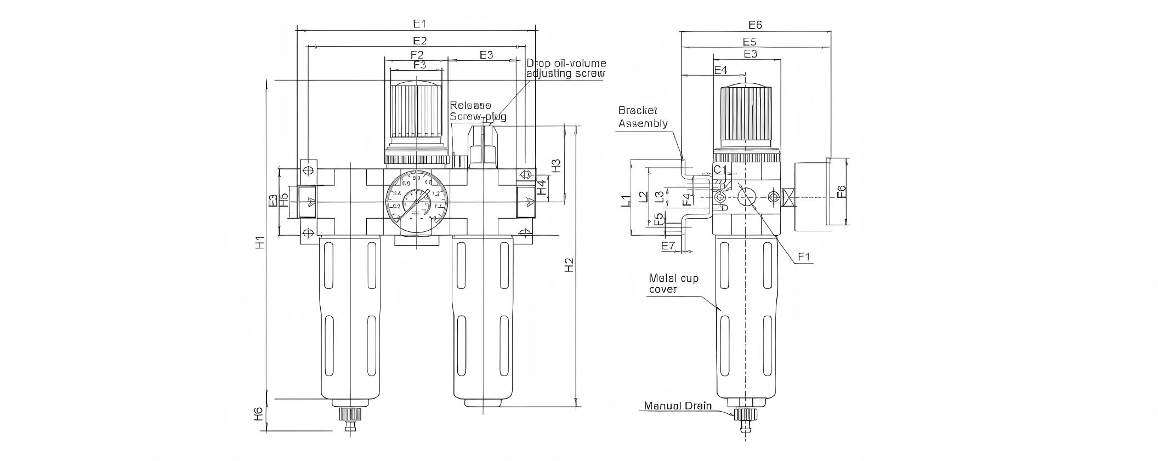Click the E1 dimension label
(419, 24)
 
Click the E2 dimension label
(419, 41)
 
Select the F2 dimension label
(417, 55)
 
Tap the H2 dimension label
(570, 265)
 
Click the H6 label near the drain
(259, 414)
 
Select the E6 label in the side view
(755, 25)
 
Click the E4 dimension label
(721, 70)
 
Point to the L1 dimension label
(625, 201)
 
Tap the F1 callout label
(804, 257)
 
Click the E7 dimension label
(667, 246)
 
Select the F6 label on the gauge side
(841, 192)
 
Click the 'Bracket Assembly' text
(643, 117)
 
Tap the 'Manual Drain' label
(678, 406)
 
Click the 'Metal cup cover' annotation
(673, 283)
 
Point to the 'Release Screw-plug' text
(476, 111)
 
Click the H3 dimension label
(555, 166)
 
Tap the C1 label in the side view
(720, 169)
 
